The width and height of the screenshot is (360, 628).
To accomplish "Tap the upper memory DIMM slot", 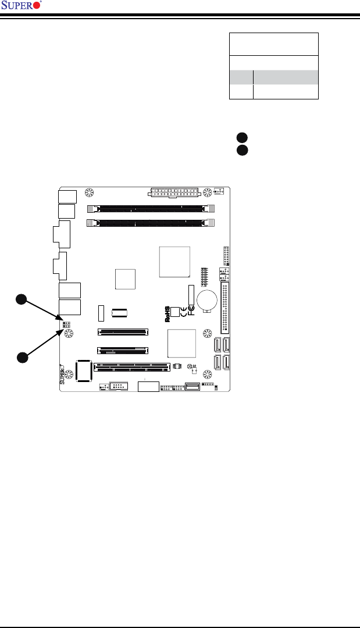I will click(151, 207).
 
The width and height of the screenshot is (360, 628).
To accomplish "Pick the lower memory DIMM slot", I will click(151, 222).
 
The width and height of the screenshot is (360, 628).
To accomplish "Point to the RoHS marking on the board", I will click(167, 315).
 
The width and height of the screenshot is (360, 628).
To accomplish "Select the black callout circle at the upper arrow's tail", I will click(22, 299).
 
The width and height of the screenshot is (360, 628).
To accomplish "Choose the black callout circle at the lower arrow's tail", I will click(22, 356).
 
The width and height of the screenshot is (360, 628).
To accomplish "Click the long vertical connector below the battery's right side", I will click(224, 308).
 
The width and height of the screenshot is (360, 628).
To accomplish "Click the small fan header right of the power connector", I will click(219, 191).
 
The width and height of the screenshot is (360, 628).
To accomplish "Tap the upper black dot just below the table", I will click(242, 138).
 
